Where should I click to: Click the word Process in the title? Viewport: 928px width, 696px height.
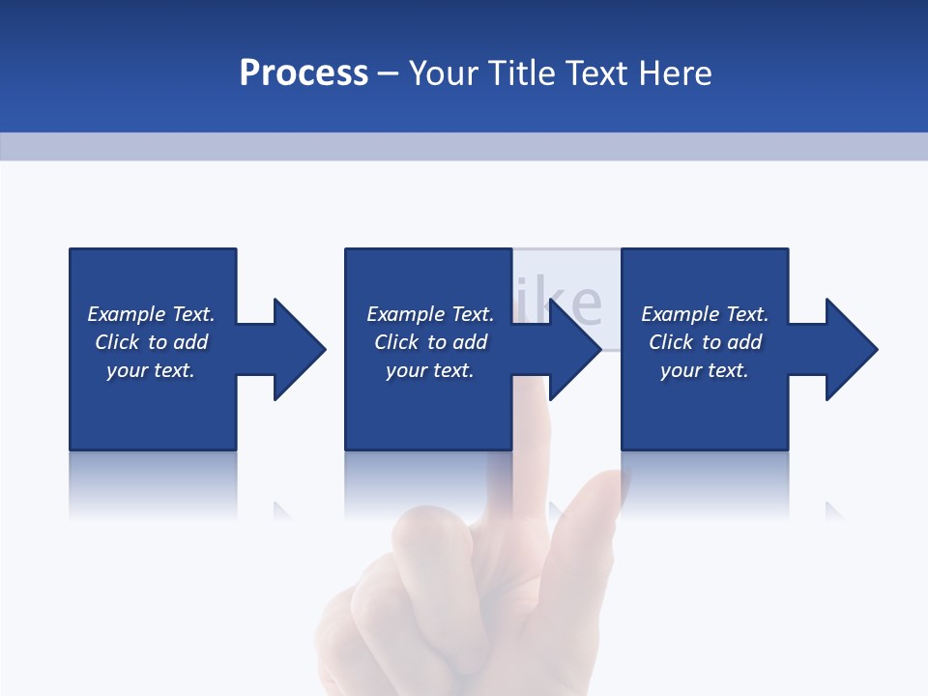pos(304,73)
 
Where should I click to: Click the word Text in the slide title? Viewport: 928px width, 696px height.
pos(597,73)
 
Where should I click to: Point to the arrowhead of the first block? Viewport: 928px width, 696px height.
pos(300,349)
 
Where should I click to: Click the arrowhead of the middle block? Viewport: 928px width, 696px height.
pos(575,349)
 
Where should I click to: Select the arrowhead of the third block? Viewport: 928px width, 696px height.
pos(852,349)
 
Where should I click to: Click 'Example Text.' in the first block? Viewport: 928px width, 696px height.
pos(151,314)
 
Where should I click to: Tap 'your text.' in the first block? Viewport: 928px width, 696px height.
pos(151,370)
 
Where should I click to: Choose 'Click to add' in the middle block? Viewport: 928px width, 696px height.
pos(430,342)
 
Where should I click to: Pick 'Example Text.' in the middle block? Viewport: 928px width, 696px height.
pos(430,314)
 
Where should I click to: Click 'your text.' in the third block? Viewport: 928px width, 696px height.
pos(705,370)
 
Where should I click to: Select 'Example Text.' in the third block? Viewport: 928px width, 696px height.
pos(705,314)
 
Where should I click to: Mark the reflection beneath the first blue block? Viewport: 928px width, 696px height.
pos(153,483)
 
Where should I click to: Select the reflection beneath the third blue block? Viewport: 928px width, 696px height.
pos(705,483)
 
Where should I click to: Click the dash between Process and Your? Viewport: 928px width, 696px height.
pos(389,73)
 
